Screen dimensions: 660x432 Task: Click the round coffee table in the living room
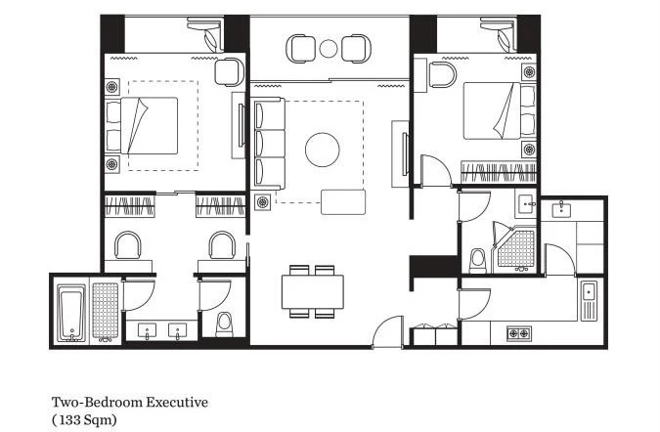tap(323, 150)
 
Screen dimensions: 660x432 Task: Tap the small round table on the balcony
tap(329, 48)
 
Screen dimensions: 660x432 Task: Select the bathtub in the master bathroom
tap(71, 313)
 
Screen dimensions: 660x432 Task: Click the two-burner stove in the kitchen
tap(518, 333)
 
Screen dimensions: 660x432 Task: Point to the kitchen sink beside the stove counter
tap(589, 300)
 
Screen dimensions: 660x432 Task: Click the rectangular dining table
tap(313, 292)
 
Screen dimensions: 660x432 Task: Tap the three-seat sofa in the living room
tap(269, 144)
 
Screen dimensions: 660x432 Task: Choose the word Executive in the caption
tap(177, 402)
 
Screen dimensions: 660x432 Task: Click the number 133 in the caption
tap(66, 420)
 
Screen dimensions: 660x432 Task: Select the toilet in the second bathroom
tap(478, 261)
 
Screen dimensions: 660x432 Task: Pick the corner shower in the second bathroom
tap(514, 247)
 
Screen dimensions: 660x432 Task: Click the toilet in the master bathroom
tap(224, 324)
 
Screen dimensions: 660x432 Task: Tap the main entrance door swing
tap(388, 332)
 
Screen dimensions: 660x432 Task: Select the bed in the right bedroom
tap(500, 110)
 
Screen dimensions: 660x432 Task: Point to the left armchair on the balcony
tap(300, 49)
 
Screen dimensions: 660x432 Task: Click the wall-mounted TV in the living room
tap(405, 154)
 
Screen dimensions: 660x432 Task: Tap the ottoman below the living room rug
tap(343, 202)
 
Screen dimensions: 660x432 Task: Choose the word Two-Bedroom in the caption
tap(97, 402)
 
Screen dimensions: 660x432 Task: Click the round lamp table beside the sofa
tap(263, 202)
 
